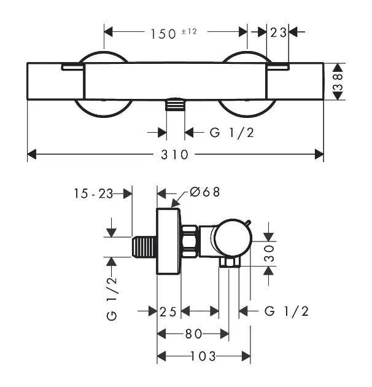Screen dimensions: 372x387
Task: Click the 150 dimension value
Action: [x=163, y=34]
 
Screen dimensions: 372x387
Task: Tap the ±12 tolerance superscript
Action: [x=189, y=31]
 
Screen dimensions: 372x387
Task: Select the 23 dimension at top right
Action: [x=278, y=33]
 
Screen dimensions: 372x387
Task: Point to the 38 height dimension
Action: [x=338, y=82]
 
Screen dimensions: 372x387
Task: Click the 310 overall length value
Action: [x=175, y=155]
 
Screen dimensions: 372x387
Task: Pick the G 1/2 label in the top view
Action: [x=231, y=133]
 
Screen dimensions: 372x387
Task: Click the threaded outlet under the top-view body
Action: [x=176, y=104]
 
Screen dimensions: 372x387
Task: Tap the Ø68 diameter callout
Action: [x=205, y=192]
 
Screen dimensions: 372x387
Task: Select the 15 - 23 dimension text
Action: [x=93, y=193]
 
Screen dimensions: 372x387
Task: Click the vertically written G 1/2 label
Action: [x=112, y=299]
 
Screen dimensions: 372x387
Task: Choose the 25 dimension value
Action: [x=168, y=311]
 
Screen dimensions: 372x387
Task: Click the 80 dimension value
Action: [x=193, y=334]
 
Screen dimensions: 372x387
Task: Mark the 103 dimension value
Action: [x=204, y=356]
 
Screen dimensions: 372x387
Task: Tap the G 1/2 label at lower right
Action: [x=287, y=311]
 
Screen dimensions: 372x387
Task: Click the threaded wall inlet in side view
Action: [x=144, y=247]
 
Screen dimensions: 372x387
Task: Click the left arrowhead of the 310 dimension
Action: [x=32, y=154]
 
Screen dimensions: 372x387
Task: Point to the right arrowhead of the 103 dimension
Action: [x=246, y=356]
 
